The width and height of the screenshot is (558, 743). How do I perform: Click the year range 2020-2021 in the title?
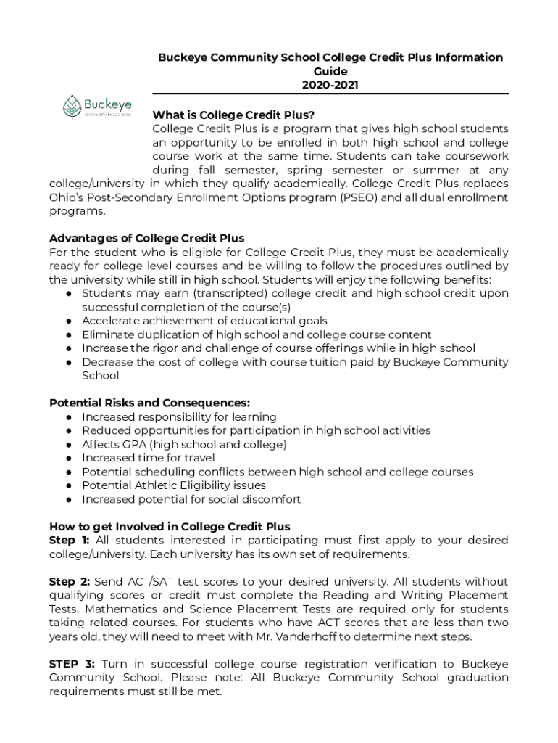pyautogui.click(x=330, y=85)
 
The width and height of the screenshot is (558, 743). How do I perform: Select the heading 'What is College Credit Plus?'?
pyautogui.click(x=233, y=115)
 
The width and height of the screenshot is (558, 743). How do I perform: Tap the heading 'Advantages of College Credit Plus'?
pyautogui.click(x=146, y=238)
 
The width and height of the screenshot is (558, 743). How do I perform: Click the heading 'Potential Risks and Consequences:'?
pyautogui.click(x=149, y=403)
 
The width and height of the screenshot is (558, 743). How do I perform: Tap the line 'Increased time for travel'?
pyautogui.click(x=148, y=458)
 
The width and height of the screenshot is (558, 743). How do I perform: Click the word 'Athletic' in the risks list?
pyautogui.click(x=157, y=485)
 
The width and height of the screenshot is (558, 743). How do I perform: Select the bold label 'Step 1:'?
pyautogui.click(x=69, y=541)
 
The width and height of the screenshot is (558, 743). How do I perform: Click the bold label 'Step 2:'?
pyautogui.click(x=70, y=582)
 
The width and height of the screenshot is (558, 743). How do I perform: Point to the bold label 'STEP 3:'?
pyautogui.click(x=72, y=664)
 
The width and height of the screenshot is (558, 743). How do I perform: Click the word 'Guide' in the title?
pyautogui.click(x=330, y=71)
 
